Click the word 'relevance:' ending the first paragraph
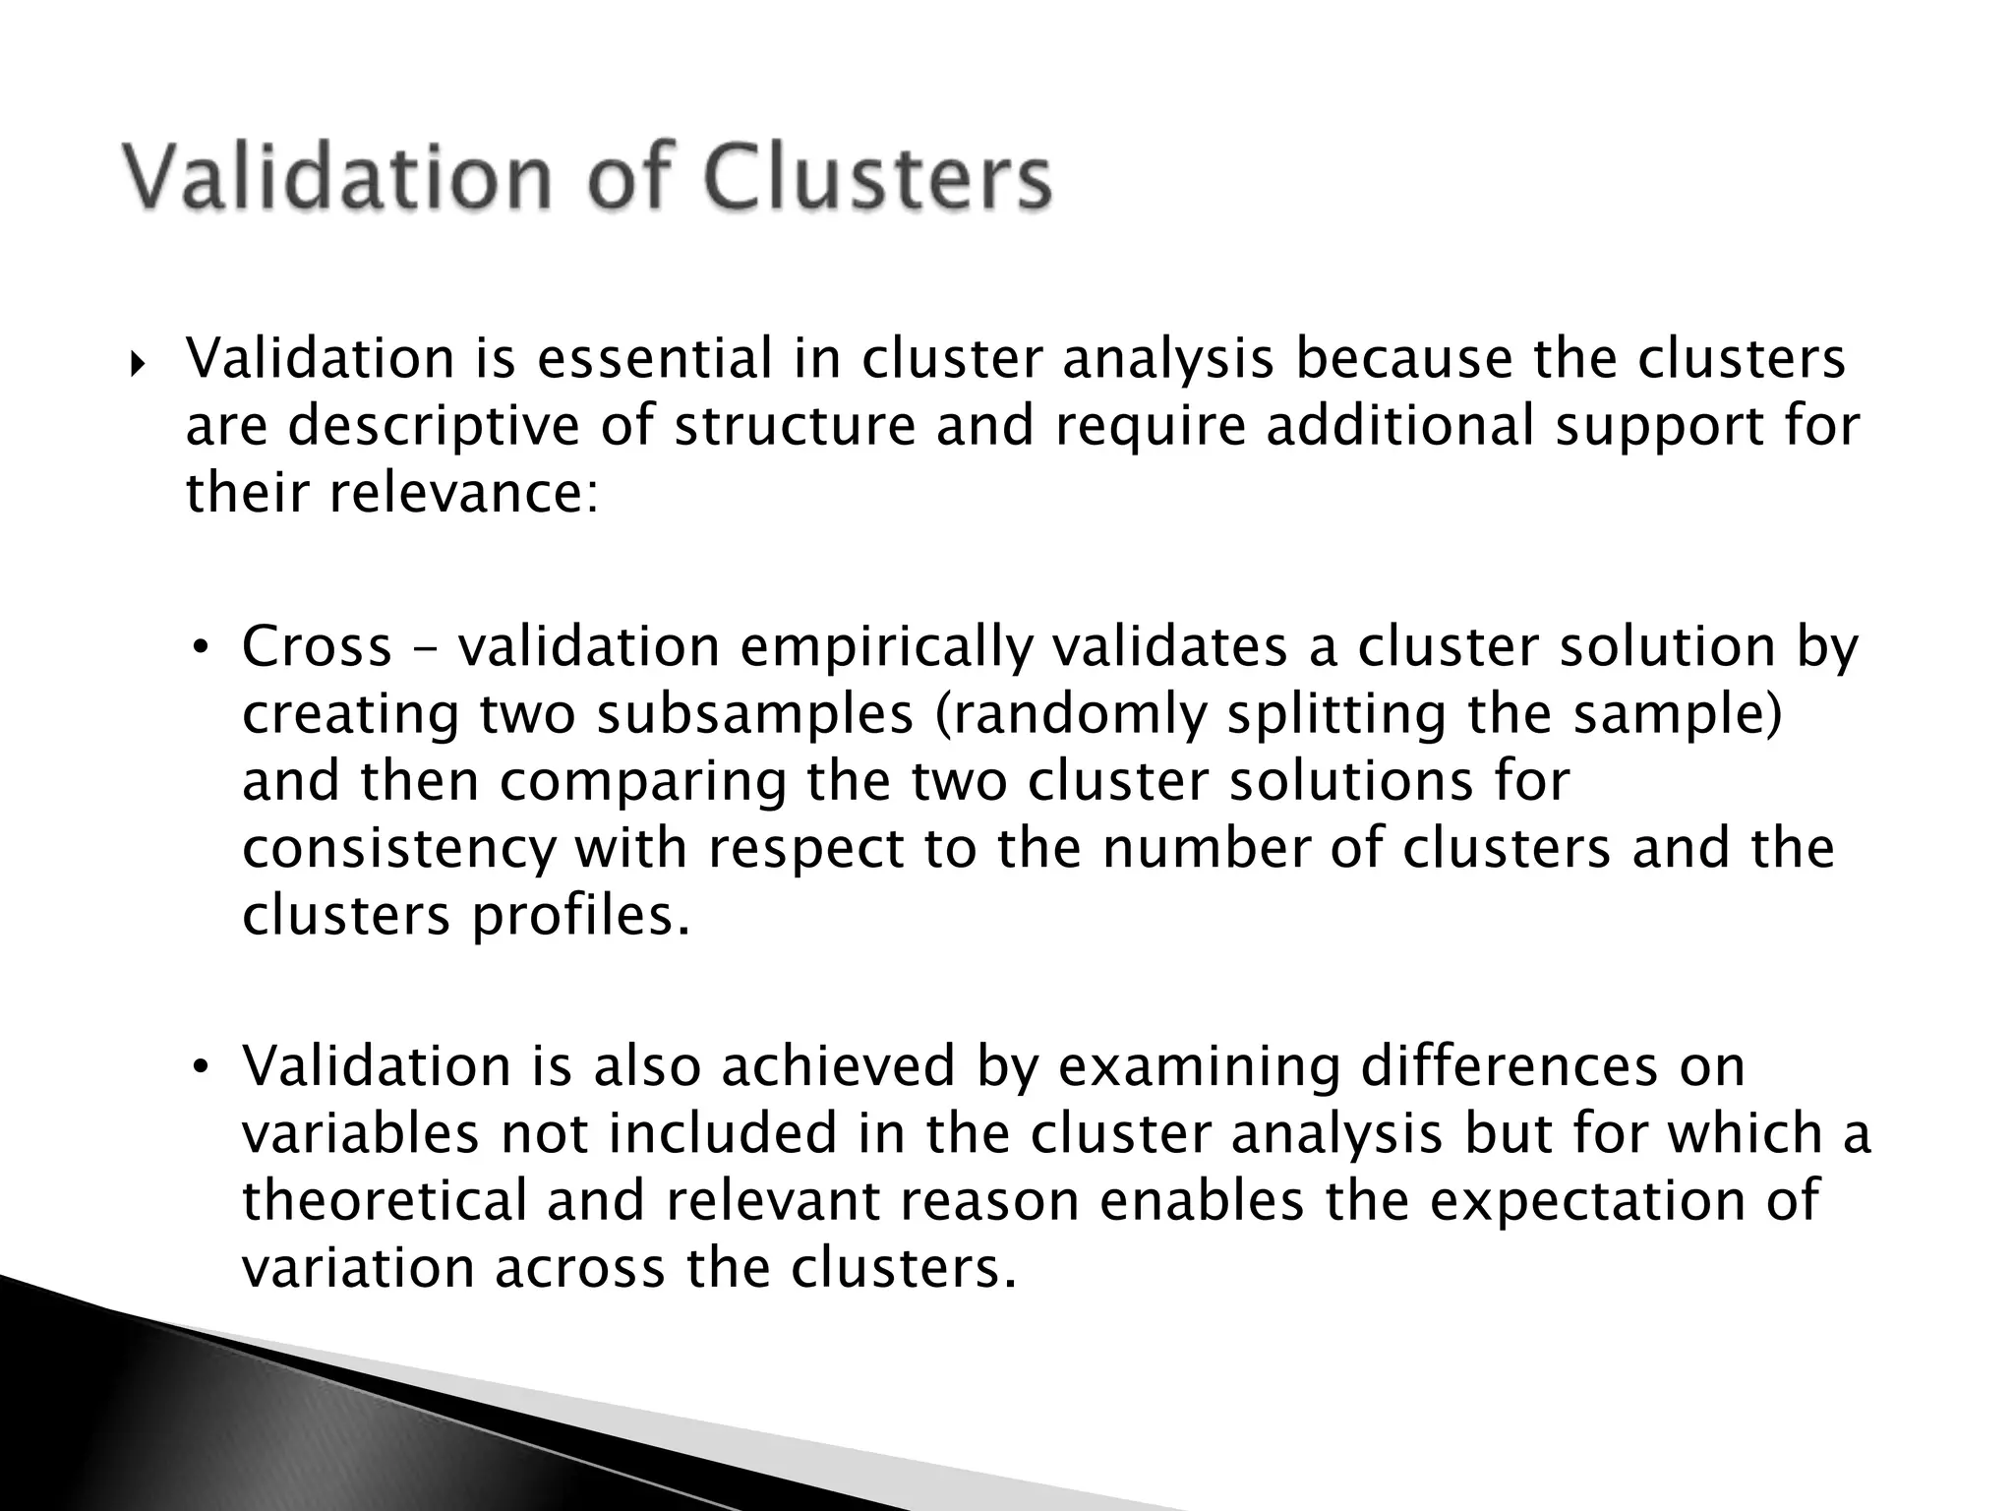(x=463, y=493)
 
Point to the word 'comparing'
(x=643, y=781)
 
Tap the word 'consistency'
(x=399, y=849)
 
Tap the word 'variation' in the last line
(x=358, y=1268)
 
